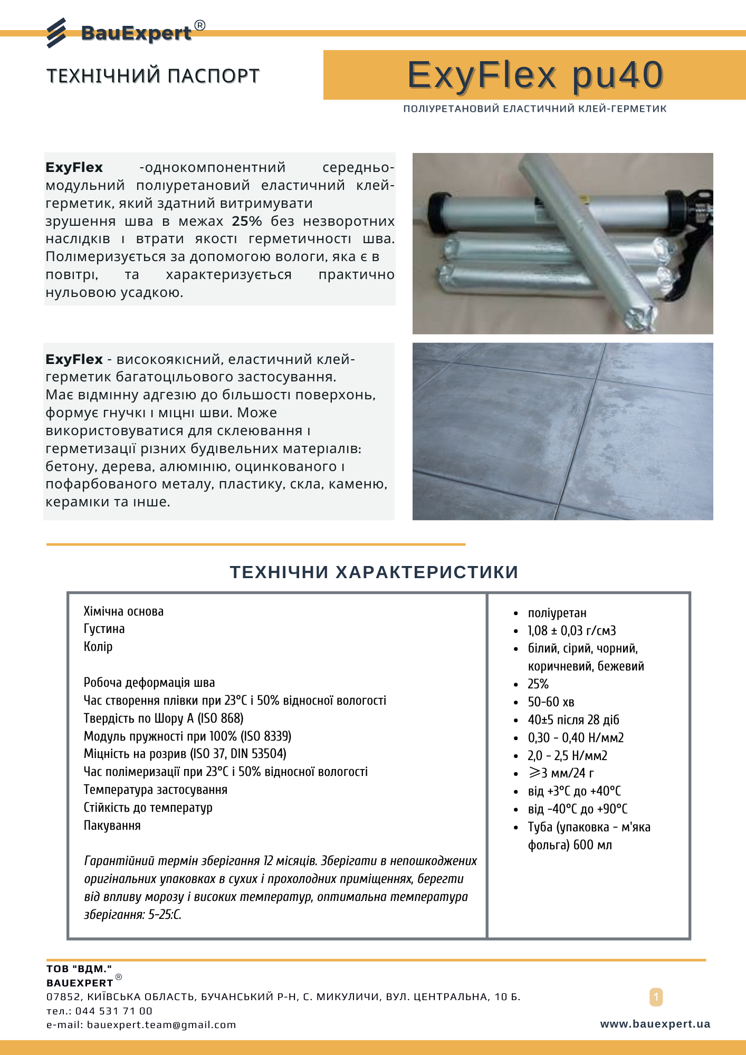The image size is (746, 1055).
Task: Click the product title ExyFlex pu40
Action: pos(535,75)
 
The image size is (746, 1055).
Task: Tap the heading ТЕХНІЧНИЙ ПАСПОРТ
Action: pos(153,76)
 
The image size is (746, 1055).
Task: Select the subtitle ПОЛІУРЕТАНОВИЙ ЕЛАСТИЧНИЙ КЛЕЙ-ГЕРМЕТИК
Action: pos(535,109)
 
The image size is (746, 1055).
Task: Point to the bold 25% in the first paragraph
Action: pos(247,221)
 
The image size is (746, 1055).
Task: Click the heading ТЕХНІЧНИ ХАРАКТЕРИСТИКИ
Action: pos(374,572)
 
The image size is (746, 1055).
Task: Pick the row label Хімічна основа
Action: pos(123,611)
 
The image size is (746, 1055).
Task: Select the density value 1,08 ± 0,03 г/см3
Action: pos(572,631)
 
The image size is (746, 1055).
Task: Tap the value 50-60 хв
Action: pos(551,702)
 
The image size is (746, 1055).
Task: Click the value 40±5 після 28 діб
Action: pos(573,720)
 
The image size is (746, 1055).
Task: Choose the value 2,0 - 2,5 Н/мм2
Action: pos(568,756)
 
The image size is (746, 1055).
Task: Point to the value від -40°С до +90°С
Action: pos(578,809)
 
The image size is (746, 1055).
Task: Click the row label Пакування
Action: pos(112,826)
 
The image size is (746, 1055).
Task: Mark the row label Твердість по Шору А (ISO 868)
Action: pos(164,718)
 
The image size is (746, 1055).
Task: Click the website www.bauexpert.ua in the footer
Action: pos(655,1024)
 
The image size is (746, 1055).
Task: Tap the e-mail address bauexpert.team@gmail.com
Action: pos(161,1024)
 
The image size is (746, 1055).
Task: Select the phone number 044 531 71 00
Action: pos(113,1011)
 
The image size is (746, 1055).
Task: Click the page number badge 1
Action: pos(656,997)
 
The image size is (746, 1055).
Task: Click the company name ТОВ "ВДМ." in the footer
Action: pos(79,968)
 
